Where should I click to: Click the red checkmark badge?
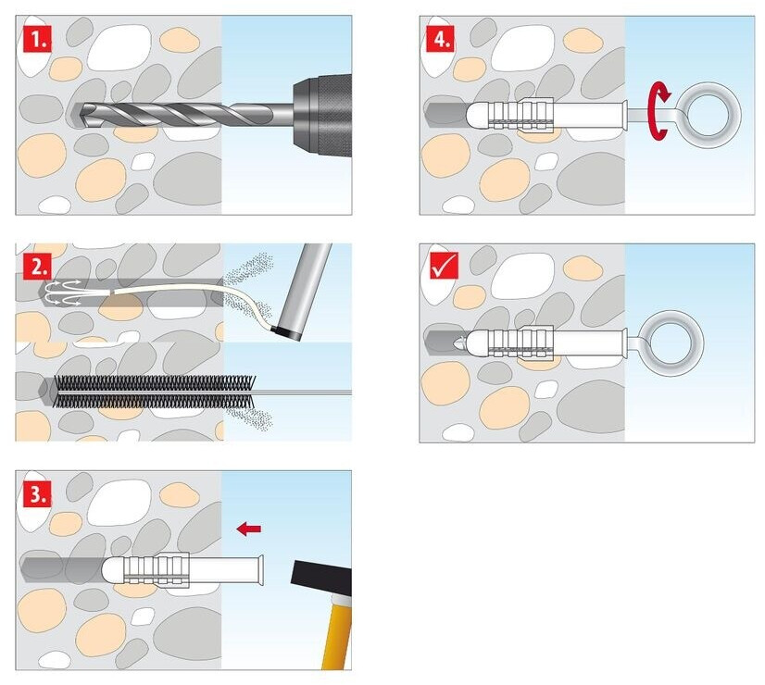(x=438, y=266)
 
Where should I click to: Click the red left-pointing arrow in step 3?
(x=248, y=529)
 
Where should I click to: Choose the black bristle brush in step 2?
(x=148, y=391)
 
